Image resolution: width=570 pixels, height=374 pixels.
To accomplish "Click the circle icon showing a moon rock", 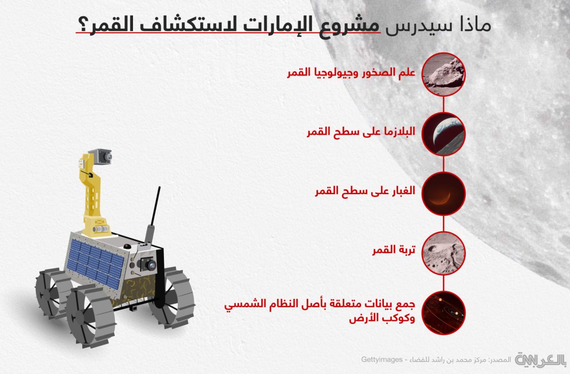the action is click(x=444, y=74).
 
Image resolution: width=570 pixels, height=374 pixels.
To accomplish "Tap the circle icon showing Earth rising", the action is click(x=444, y=134).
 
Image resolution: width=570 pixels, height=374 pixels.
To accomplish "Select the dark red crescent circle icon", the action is click(x=444, y=194).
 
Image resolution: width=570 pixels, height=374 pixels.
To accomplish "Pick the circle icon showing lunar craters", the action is click(x=444, y=253).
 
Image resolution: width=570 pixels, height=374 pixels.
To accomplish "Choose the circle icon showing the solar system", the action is click(x=444, y=313).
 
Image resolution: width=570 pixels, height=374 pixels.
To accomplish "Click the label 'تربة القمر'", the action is click(x=394, y=250).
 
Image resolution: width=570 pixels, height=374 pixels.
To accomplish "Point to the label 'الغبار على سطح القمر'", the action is click(x=365, y=191).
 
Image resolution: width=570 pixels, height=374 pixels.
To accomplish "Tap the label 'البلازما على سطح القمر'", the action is click(x=361, y=132).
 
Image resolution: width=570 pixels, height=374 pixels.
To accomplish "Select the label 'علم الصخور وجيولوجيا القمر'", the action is click(x=351, y=73).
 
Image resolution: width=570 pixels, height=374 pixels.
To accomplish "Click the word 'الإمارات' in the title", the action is click(x=277, y=25).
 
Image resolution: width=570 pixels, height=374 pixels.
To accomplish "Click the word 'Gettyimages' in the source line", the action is click(x=382, y=359).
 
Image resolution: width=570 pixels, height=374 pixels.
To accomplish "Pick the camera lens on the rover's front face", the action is click(x=151, y=266).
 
